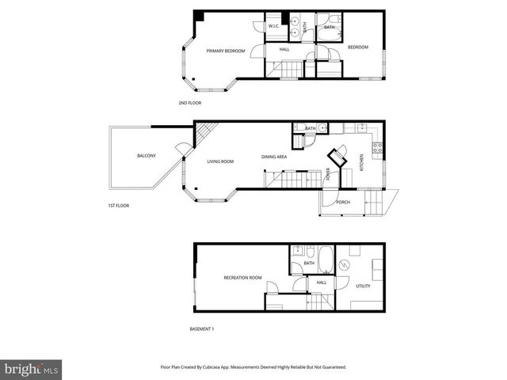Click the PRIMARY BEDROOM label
click(226, 51)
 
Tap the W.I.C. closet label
click(273, 26)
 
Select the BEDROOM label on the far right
click(358, 47)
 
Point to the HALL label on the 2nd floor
click(284, 49)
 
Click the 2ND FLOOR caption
click(189, 103)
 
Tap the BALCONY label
click(146, 155)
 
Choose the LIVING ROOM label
click(220, 161)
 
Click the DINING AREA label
click(273, 157)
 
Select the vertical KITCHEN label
click(363, 161)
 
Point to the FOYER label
click(328, 175)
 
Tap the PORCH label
click(343, 202)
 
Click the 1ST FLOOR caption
click(119, 205)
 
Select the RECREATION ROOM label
click(242, 278)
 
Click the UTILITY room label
click(364, 286)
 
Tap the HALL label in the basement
click(322, 282)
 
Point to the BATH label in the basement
click(309, 264)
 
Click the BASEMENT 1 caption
click(202, 329)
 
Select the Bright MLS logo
click(32, 369)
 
